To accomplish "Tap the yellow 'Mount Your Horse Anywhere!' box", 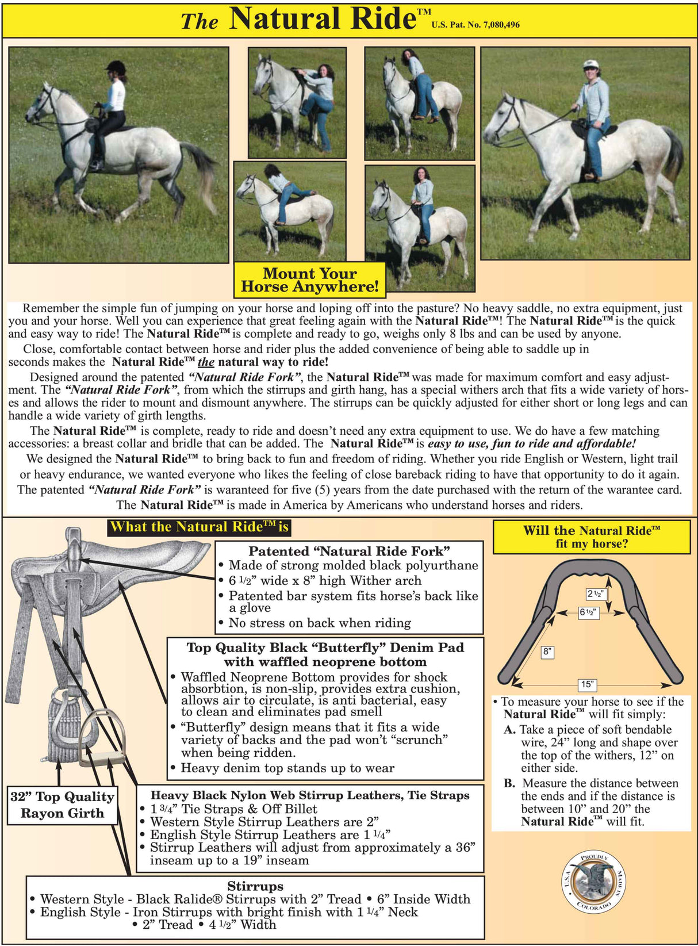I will pos(309,280).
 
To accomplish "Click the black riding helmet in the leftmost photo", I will pos(116,67).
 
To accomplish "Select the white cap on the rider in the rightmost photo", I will pos(590,65).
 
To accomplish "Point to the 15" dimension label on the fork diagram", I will pos(586,684).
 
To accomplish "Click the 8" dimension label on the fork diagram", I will pos(547,652).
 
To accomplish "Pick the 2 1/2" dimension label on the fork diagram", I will pos(595,593).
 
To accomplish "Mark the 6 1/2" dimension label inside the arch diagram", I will pos(589,612).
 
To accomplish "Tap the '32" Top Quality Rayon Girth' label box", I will pos(63,805).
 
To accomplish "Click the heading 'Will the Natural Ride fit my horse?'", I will pos(591,537).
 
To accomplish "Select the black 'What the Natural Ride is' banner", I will pos(199,527).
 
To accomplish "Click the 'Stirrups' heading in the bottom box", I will pos(255,886).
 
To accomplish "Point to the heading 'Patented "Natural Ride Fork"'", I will pos(349,551).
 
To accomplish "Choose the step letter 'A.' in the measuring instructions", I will pos(510,730).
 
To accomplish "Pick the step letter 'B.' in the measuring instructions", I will pos(509,783).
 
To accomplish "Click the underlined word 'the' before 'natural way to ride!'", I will pos(206,362).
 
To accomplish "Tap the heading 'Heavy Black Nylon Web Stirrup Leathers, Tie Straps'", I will pos(310,795).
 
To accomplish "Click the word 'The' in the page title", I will pos(200,22).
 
